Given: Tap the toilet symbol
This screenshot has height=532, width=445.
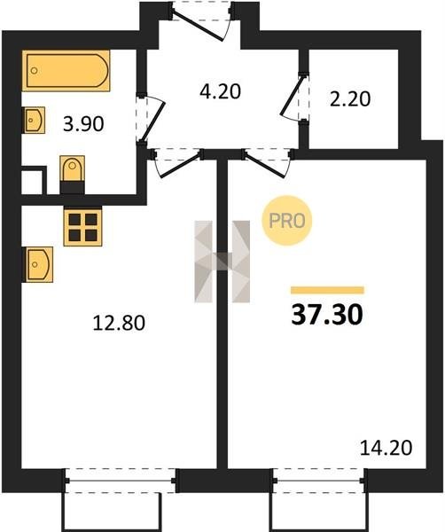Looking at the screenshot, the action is point(72,175).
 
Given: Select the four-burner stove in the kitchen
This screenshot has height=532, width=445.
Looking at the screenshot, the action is point(82,225).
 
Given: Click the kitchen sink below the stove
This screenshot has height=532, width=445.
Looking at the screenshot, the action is point(37,264).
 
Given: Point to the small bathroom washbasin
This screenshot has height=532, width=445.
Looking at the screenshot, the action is point(34,120).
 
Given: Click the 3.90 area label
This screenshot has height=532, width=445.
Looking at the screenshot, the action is point(83,124).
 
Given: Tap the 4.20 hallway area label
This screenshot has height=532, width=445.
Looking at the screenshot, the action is point(220,91).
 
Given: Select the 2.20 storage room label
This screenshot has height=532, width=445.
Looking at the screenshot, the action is point(350,99).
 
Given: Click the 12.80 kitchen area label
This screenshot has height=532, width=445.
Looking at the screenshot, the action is point(119,323).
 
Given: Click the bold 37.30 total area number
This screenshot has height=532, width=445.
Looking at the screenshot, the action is point(327,315).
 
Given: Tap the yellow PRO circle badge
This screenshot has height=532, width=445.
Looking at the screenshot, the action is point(286,221).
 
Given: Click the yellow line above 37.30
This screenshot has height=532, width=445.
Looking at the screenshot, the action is point(327,290).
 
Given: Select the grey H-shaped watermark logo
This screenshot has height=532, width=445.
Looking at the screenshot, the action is point(222,262).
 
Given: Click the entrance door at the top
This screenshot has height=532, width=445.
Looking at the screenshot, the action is point(198,25).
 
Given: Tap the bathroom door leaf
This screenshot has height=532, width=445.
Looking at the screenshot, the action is point(152,121).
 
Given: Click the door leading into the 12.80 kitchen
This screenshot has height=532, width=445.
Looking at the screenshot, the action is point(179,166).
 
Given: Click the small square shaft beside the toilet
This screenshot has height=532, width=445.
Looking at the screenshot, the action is point(32,182).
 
